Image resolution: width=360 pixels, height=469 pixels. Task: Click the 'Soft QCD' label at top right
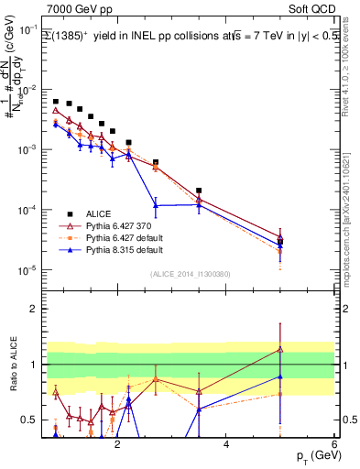tap(311, 10)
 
